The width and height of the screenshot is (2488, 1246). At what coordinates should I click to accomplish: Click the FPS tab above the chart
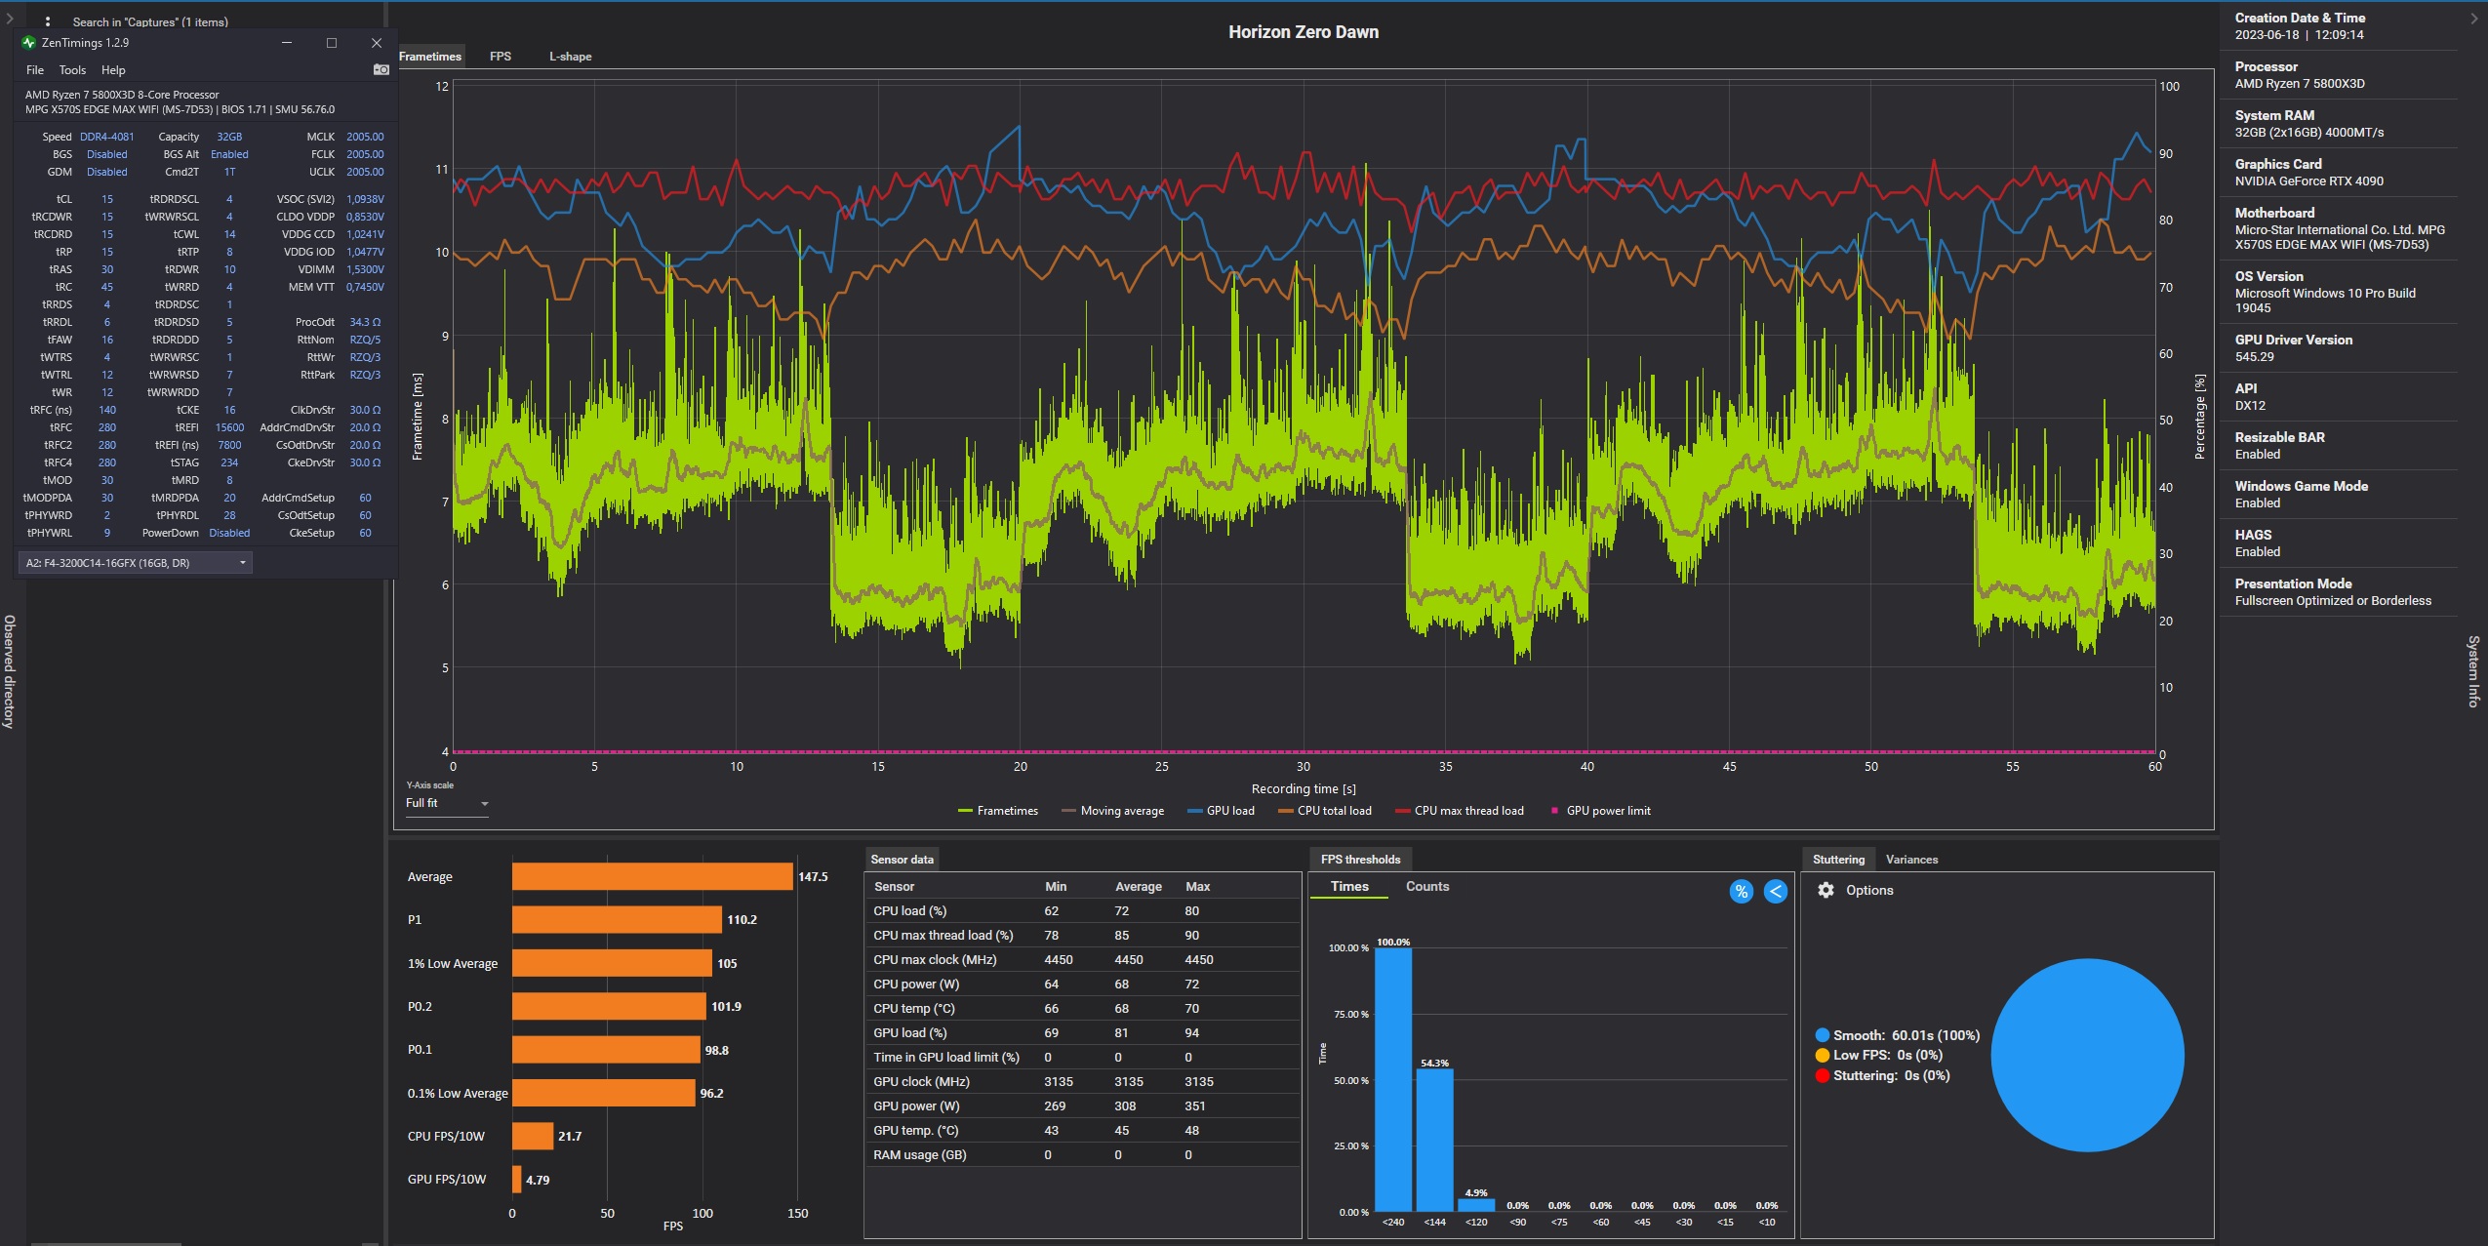point(501,57)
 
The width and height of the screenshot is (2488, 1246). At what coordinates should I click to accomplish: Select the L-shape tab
point(570,57)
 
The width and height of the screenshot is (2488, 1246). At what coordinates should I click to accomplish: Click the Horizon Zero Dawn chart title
point(1303,32)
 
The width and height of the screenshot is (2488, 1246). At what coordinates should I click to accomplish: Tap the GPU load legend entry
point(1221,811)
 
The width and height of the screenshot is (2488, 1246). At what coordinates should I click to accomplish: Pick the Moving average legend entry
point(1112,811)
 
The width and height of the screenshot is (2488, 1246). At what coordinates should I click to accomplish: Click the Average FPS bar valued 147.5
point(652,876)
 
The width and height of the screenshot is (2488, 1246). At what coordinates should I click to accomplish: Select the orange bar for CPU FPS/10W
point(533,1136)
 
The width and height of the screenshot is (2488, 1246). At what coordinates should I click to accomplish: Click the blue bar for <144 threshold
point(1434,1140)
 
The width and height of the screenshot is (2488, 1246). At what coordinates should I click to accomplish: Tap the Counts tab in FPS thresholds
point(1426,886)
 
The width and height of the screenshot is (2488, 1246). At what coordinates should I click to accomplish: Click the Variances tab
point(1911,860)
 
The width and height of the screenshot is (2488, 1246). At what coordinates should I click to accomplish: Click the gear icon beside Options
point(1826,890)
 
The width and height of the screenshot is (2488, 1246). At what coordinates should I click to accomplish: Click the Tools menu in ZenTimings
point(72,70)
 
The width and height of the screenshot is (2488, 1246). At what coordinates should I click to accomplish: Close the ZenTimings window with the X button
point(377,43)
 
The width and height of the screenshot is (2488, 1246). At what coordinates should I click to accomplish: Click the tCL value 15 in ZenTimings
point(107,199)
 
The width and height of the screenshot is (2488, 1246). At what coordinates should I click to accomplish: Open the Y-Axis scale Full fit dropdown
point(447,803)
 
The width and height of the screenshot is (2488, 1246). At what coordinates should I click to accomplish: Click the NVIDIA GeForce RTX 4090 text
point(2308,181)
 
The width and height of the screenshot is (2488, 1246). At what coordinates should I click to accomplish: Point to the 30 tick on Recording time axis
point(1304,767)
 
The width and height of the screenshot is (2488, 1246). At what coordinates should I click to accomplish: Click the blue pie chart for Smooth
point(2087,1055)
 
